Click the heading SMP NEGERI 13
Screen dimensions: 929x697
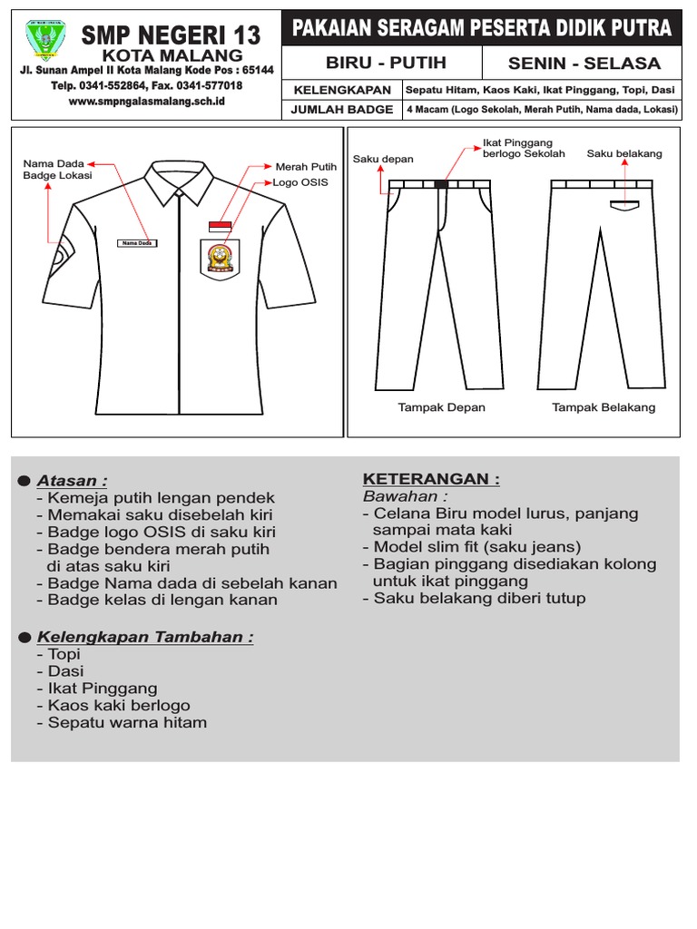point(171,36)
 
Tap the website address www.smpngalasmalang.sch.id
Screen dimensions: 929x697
point(147,102)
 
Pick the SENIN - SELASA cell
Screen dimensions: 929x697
point(584,64)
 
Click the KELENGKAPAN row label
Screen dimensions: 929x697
point(342,90)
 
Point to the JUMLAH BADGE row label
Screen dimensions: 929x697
point(342,109)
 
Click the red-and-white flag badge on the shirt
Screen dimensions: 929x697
point(221,226)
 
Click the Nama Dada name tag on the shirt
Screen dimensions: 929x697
point(137,243)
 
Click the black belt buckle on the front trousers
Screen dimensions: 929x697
point(441,184)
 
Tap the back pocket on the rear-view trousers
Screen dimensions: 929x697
point(623,204)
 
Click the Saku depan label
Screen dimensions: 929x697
point(383,160)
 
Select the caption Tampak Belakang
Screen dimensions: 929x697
point(604,407)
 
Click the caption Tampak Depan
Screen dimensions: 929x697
point(441,407)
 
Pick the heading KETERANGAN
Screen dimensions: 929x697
point(431,479)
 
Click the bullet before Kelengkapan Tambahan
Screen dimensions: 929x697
point(23,637)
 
